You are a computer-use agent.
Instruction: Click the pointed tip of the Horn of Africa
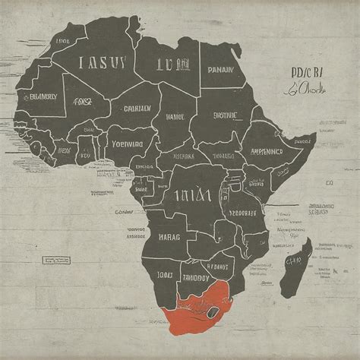[x=314, y=137]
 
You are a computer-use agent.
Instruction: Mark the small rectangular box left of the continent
[x=55, y=260]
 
